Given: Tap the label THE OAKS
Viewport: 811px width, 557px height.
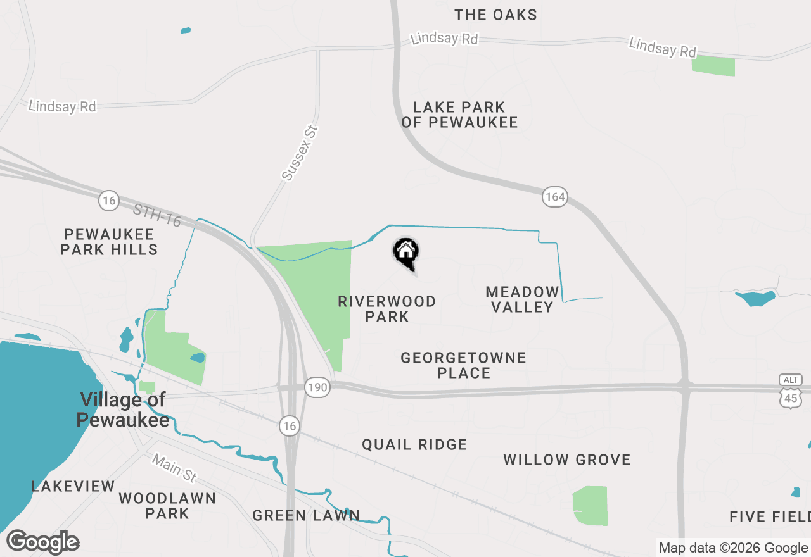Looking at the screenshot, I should click(496, 15).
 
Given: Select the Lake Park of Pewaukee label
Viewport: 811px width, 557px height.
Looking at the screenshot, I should click(459, 115).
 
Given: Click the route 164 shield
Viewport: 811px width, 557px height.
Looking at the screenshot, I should click(554, 197).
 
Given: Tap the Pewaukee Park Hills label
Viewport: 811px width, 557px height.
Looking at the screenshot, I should click(109, 242).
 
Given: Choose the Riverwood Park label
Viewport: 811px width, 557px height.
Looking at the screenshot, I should click(387, 309).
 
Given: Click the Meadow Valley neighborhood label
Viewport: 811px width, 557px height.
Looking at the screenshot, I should click(523, 299).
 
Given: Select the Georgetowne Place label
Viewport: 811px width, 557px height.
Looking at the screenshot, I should click(464, 365).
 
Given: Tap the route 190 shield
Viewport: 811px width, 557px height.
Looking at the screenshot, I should click(317, 387).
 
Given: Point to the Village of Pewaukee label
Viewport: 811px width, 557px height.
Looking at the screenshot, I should click(123, 410).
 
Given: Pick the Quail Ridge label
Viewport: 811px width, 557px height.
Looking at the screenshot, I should click(414, 445).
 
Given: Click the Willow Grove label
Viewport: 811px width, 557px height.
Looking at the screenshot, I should click(567, 460).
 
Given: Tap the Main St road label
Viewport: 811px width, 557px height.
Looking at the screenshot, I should click(174, 468).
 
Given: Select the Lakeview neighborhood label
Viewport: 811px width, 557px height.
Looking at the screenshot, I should click(73, 487).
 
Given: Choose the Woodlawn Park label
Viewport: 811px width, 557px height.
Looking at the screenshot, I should click(167, 506).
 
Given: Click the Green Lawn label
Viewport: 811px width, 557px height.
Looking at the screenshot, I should click(306, 516).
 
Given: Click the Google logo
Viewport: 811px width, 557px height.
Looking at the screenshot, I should click(43, 542).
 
